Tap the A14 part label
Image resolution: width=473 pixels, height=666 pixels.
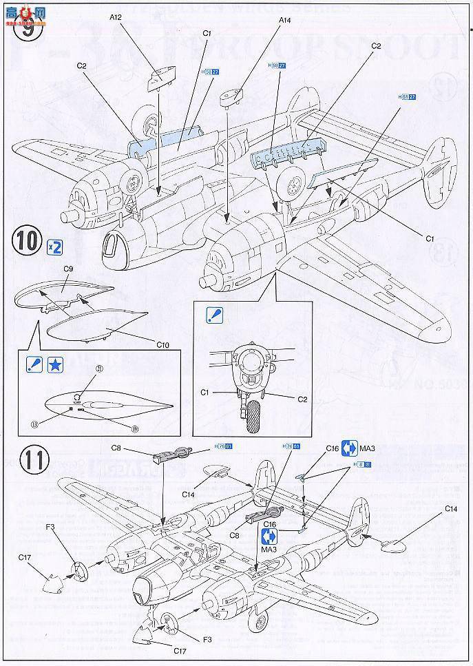point(285,21)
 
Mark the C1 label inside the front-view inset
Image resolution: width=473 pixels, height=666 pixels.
point(205,392)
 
